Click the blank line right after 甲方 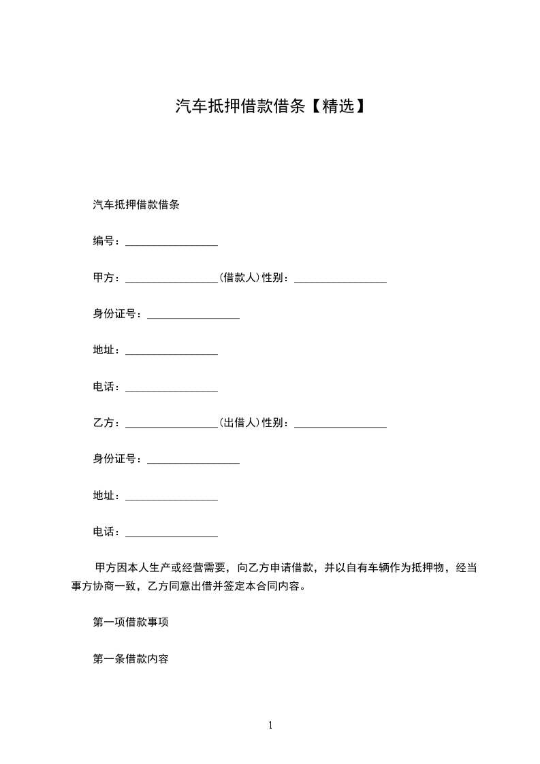point(172,279)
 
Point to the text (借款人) point(240,278)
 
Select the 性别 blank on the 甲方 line point(340,279)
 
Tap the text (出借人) point(240,423)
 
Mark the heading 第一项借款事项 point(131,622)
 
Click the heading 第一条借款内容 point(131,659)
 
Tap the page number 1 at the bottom point(270,725)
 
